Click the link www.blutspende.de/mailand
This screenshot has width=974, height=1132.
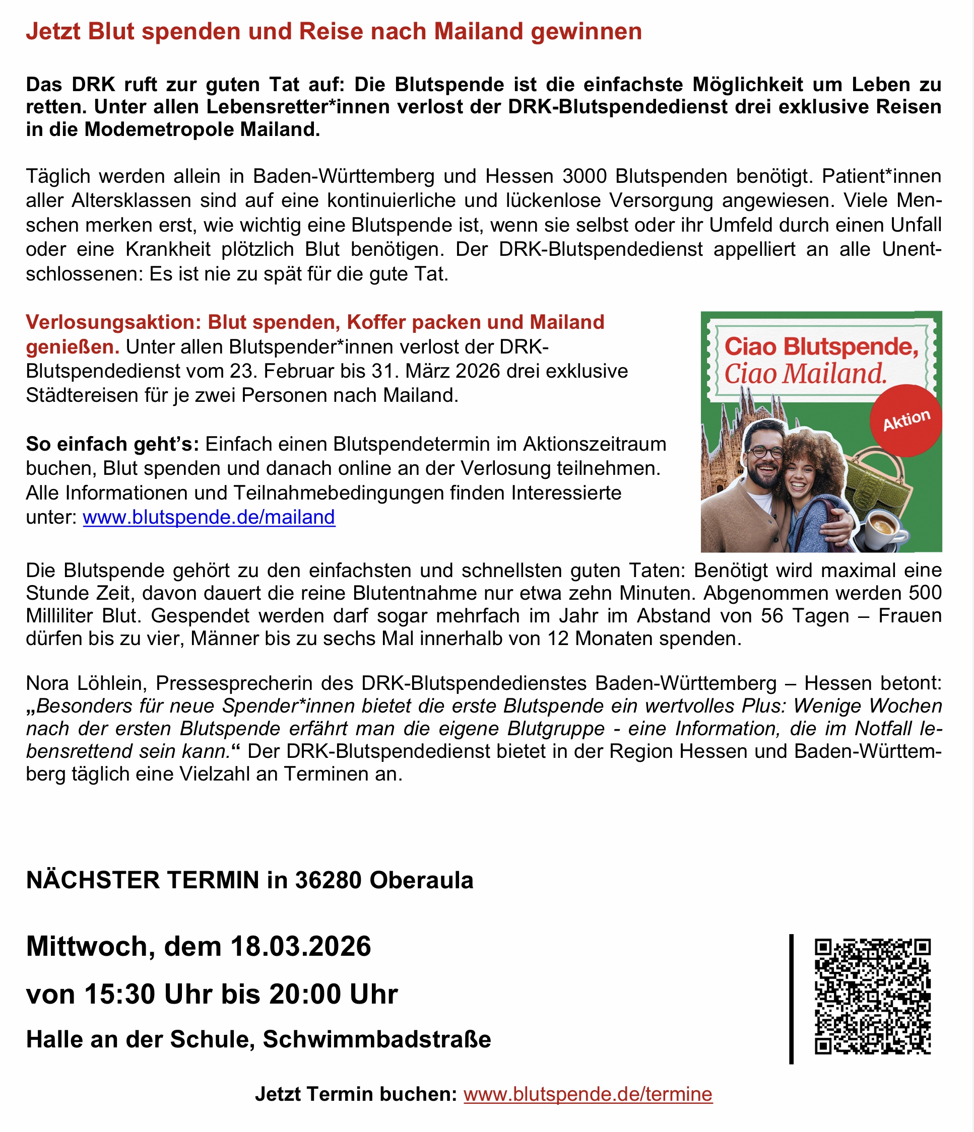[x=209, y=517]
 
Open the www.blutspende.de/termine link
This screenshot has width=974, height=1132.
[x=588, y=1094]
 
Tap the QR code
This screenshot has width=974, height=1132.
[x=872, y=996]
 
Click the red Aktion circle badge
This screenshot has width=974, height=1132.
[x=906, y=420]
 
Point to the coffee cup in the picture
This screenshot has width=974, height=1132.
[x=882, y=527]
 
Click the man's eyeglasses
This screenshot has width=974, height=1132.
[x=766, y=452]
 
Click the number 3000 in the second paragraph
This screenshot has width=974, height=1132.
[x=585, y=176]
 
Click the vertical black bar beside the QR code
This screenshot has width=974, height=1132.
[x=791, y=999]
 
